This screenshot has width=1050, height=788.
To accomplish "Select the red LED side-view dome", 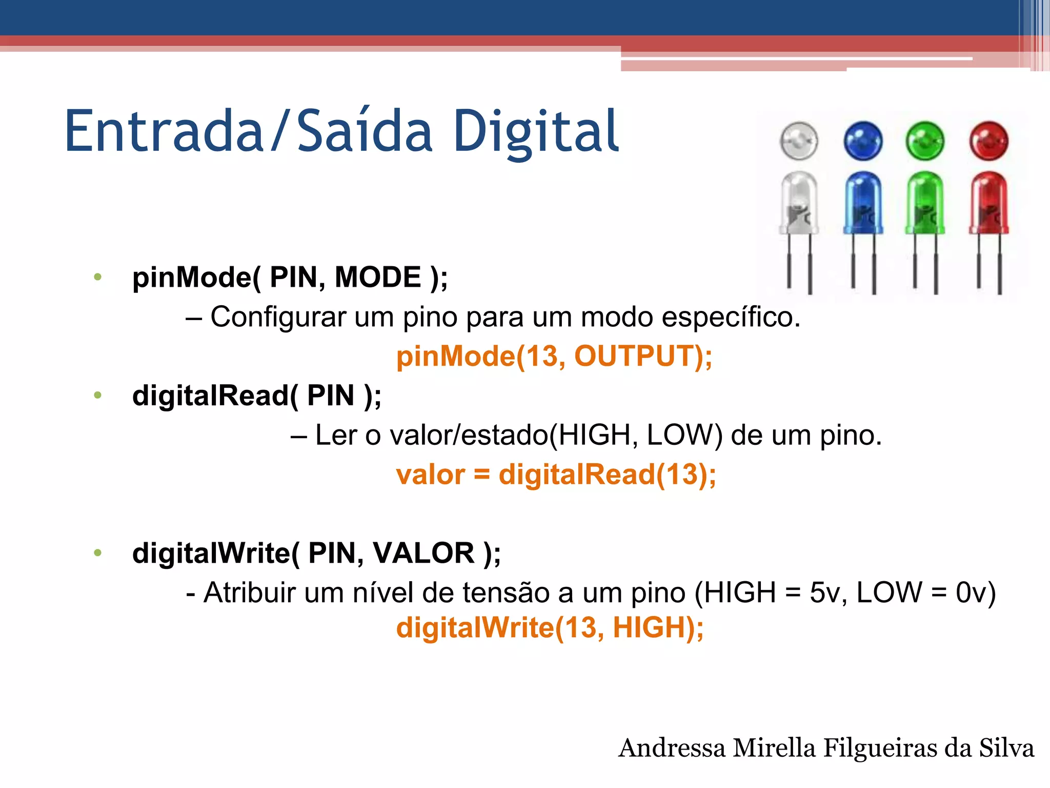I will tap(988, 203).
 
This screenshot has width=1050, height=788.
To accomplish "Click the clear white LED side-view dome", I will tap(799, 203).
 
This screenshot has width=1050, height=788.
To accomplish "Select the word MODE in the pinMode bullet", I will tap(378, 278).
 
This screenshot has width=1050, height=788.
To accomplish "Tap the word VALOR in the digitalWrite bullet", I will tap(423, 553).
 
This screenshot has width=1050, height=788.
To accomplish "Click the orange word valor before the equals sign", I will tap(430, 475).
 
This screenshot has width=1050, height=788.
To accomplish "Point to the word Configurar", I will tap(278, 317).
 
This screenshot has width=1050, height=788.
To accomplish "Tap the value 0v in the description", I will tap(970, 593).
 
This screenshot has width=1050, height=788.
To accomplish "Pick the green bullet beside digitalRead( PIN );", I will tap(97, 396).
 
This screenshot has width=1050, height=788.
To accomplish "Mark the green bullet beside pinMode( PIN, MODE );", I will tap(97, 278).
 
